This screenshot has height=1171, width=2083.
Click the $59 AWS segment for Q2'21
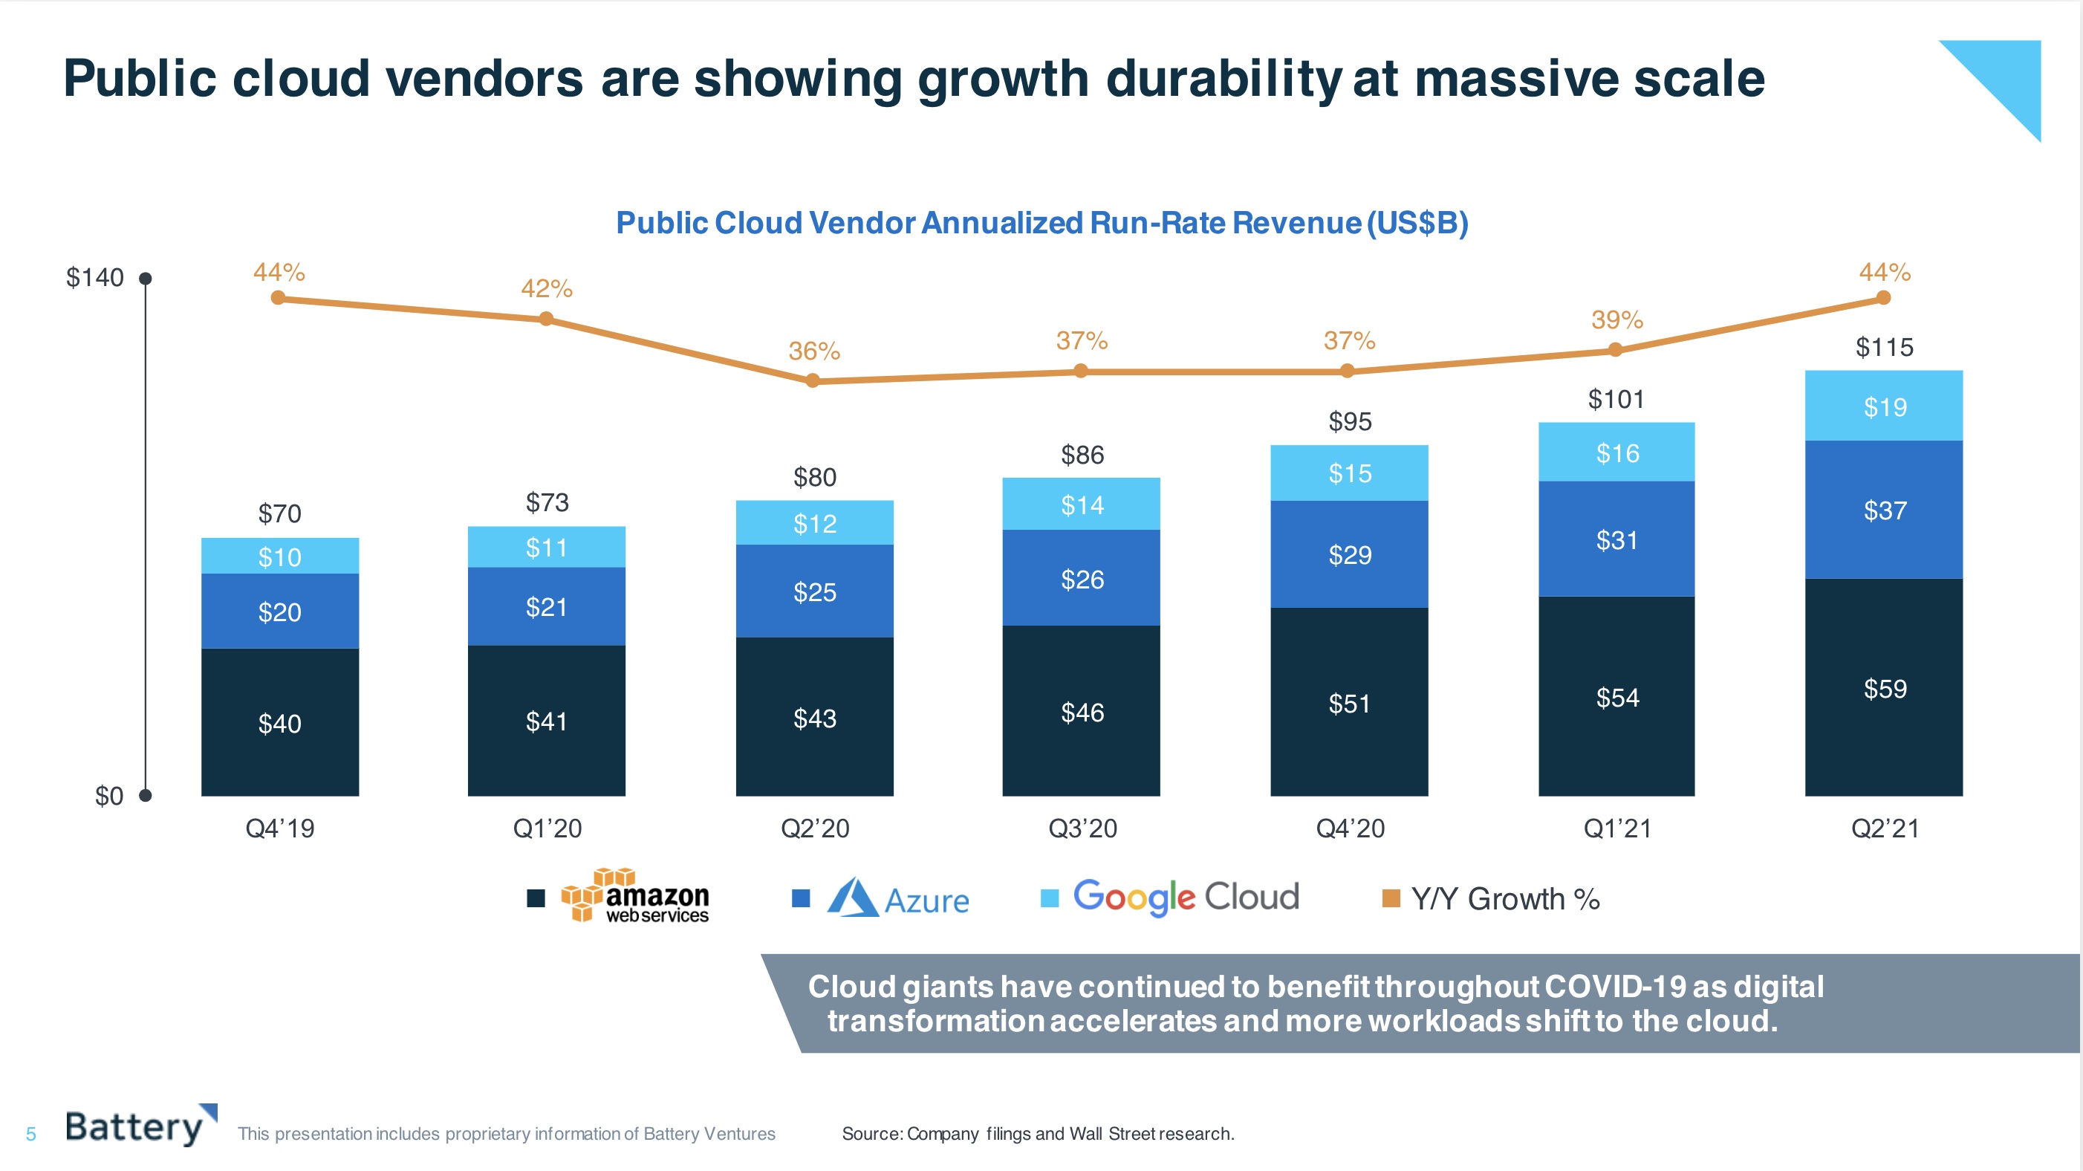point(1883,687)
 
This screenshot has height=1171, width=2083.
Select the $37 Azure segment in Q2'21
point(1883,510)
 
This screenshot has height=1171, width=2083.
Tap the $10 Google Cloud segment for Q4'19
point(280,557)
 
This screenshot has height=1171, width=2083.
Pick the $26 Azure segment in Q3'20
point(1081,578)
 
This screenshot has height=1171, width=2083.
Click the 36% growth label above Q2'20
point(814,351)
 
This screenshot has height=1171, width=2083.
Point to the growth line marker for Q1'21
point(1615,349)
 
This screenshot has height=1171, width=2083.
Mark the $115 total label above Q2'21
point(1883,347)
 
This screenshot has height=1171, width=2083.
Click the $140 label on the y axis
point(94,277)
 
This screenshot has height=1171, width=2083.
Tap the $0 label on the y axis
point(108,796)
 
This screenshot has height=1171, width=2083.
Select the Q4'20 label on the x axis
point(1350,828)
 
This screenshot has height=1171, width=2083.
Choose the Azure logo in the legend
point(897,898)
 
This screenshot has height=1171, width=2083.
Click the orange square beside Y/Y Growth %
point(1391,898)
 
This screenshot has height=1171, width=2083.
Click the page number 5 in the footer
point(30,1134)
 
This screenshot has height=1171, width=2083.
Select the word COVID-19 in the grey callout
point(1615,987)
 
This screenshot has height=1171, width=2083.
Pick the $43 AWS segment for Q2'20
point(814,717)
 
